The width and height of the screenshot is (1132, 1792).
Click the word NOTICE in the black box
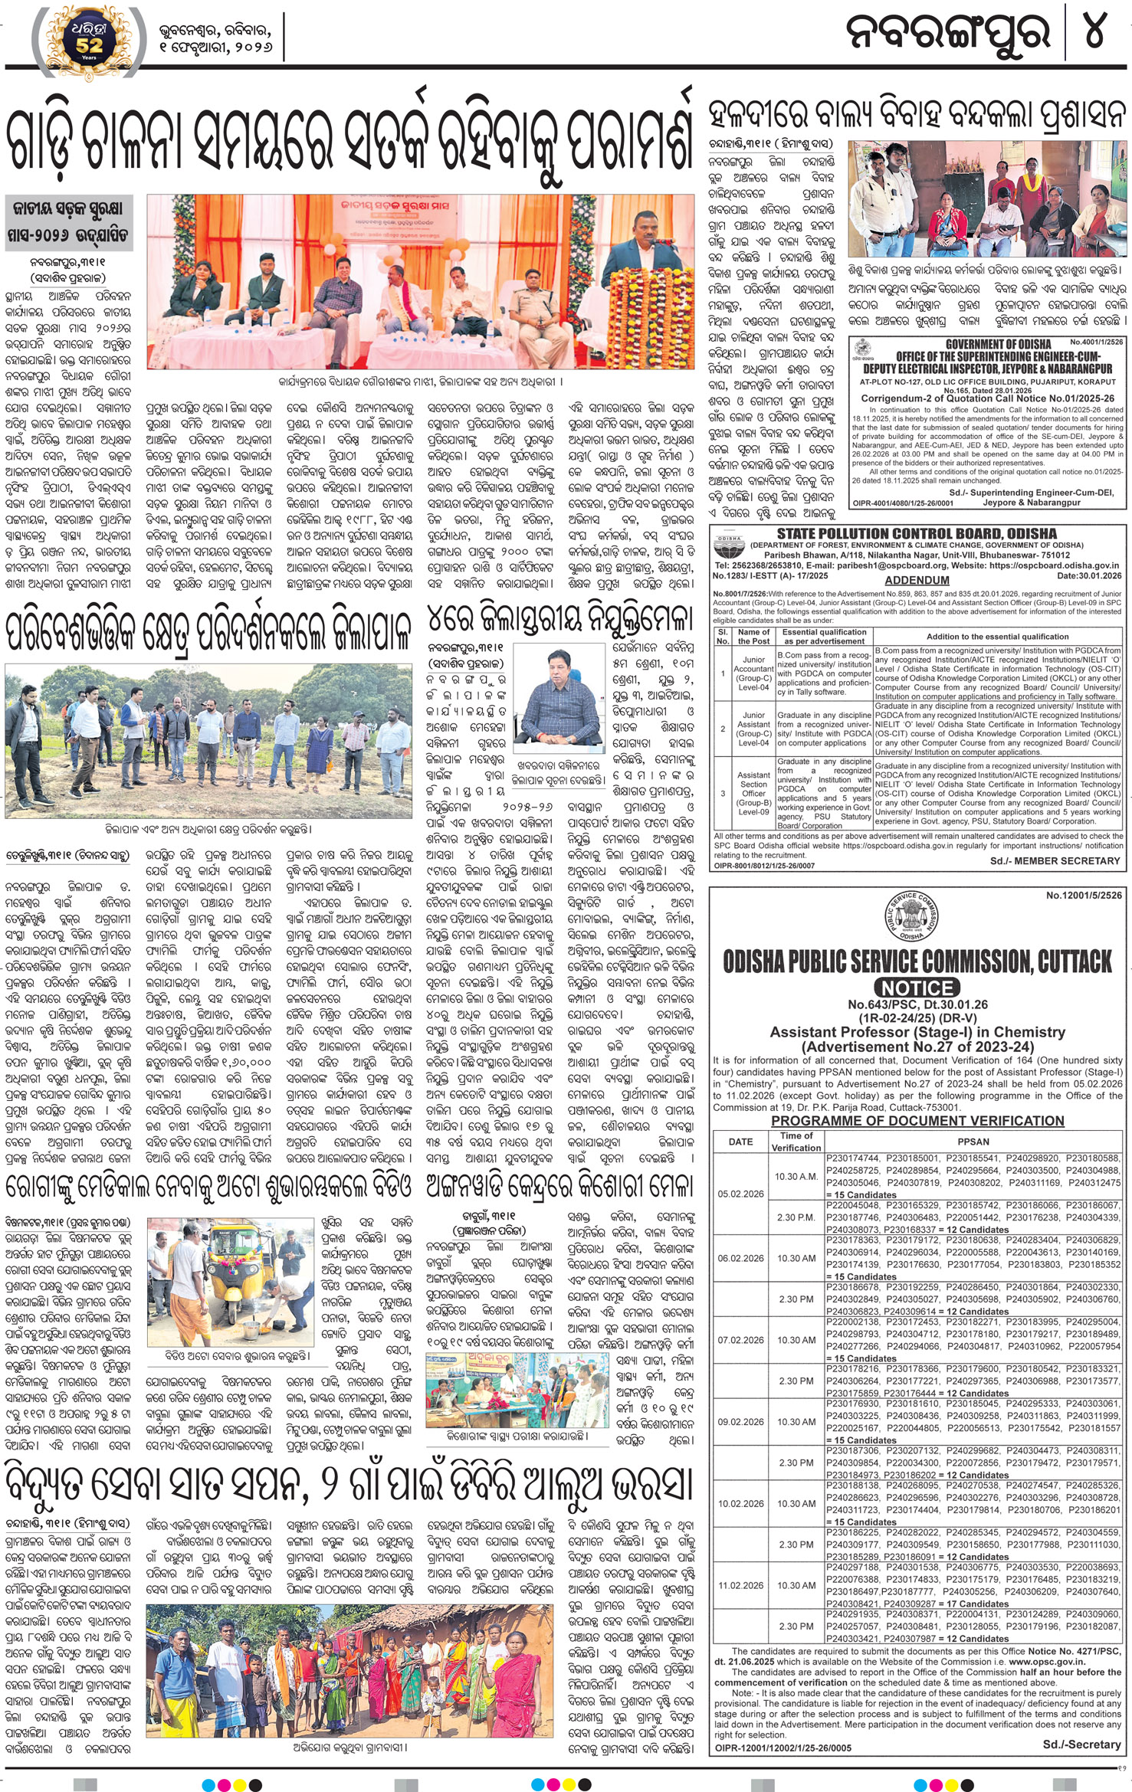pyautogui.click(x=917, y=988)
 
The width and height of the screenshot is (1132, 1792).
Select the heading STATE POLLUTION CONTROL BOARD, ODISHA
pyautogui.click(x=917, y=533)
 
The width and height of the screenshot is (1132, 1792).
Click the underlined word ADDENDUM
pyautogui.click(x=917, y=580)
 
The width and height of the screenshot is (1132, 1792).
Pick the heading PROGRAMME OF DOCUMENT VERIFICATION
pyautogui.click(x=917, y=1121)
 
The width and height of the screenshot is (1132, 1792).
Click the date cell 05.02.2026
pyautogui.click(x=740, y=1194)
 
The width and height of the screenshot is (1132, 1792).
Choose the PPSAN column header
pyautogui.click(x=973, y=1142)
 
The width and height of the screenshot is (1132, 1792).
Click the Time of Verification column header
pyautogui.click(x=796, y=1142)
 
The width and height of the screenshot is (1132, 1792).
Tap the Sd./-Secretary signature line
pyautogui.click(x=1081, y=1744)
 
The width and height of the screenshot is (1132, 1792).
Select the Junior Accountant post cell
pyautogui.click(x=753, y=673)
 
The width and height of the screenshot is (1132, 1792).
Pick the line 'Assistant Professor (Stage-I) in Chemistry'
pyautogui.click(x=917, y=1032)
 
